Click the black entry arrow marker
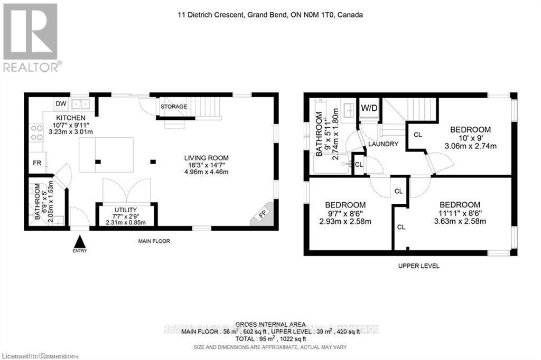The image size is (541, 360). point(79,242)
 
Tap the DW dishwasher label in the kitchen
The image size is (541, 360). point(61,103)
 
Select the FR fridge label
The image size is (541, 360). point(37,163)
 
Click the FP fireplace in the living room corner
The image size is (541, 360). point(263,214)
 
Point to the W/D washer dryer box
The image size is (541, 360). point(369,109)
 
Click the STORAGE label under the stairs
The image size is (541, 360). point(174,107)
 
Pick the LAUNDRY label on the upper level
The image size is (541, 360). point(384,144)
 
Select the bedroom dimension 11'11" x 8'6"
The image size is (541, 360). point(460,214)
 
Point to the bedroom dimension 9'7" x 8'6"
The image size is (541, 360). point(345,214)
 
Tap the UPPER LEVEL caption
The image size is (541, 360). point(418,266)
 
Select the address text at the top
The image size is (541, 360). point(270,15)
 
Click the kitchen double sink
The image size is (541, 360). point(81,104)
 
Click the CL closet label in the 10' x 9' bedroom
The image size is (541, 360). point(417,135)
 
